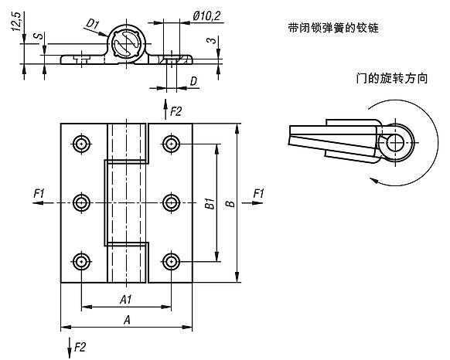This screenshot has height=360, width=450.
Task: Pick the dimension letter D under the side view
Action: click(193, 81)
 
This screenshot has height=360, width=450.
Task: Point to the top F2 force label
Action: click(176, 112)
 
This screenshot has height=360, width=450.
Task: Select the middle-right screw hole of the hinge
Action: click(170, 202)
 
